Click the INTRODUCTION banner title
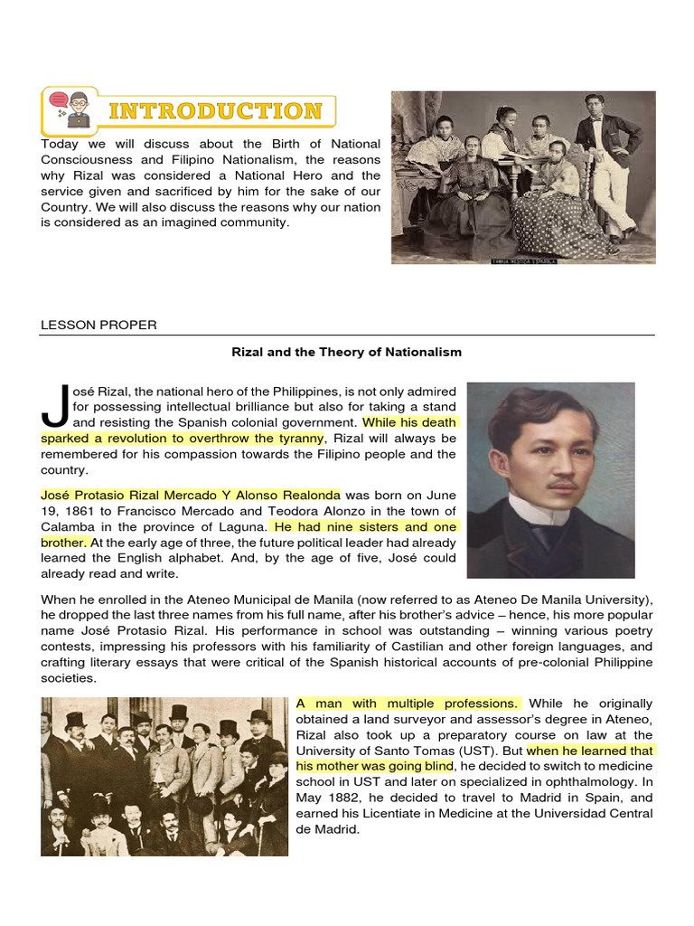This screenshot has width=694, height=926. pos(215,111)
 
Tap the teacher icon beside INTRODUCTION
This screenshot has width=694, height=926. pos(72,111)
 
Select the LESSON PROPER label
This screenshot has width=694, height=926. pos(98,325)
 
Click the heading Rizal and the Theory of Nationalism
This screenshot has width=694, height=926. pos(347,352)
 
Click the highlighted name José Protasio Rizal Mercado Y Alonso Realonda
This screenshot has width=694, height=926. pos(191,495)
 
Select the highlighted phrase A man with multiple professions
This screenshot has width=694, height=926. pos(408,703)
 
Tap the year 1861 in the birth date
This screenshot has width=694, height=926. pos(81,510)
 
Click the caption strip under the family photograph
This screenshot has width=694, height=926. pos(523,260)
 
